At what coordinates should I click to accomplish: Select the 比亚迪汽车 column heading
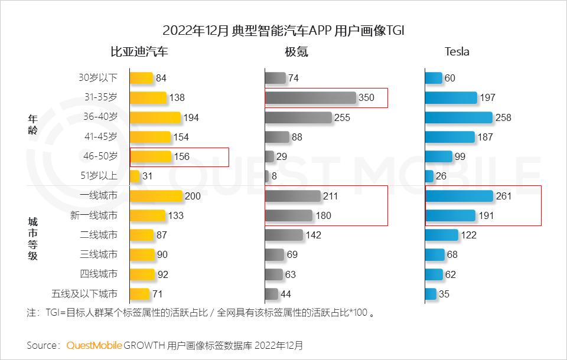pyautogui.click(x=139, y=52)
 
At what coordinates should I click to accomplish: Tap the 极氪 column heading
pyautogui.click(x=296, y=52)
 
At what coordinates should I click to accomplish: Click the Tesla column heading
pyautogui.click(x=457, y=52)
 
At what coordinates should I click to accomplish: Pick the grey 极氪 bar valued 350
pyautogui.click(x=310, y=98)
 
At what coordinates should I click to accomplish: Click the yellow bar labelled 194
pyautogui.click(x=155, y=117)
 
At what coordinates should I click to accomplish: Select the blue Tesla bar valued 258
pyautogui.click(x=458, y=117)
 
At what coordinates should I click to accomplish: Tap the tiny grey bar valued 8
pyautogui.click(x=267, y=176)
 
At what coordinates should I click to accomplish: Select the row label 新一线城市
pyautogui.click(x=93, y=215)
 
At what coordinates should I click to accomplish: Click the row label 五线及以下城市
pyautogui.click(x=84, y=293)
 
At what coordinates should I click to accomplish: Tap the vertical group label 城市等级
pyautogui.click(x=32, y=239)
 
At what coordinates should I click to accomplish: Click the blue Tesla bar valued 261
pyautogui.click(x=459, y=196)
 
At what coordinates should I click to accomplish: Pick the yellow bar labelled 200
pyautogui.click(x=156, y=196)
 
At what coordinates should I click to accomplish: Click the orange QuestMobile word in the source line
pyautogui.click(x=94, y=345)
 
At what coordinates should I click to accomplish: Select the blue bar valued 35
pyautogui.click(x=431, y=293)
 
